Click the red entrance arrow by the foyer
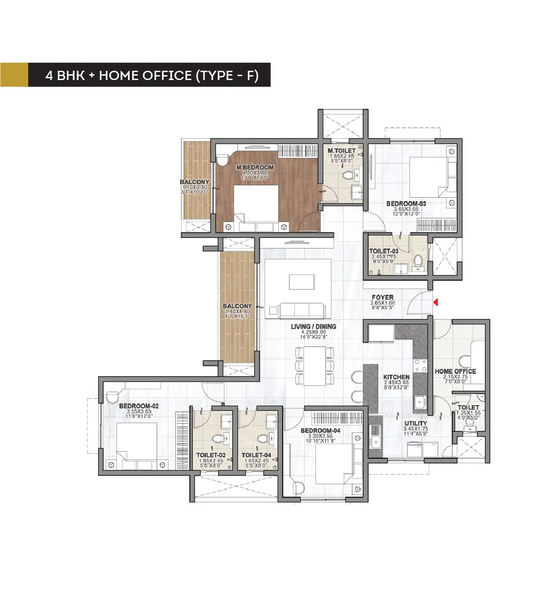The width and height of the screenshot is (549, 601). [x=435, y=302]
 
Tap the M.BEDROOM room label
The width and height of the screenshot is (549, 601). [x=255, y=168]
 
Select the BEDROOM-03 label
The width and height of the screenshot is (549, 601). [x=406, y=204]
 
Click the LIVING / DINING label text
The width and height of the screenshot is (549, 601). [x=313, y=327]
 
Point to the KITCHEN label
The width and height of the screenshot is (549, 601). [x=396, y=377]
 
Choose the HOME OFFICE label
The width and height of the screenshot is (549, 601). [x=455, y=371]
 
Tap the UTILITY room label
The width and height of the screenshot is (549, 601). [x=415, y=423]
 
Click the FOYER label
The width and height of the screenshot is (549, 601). [x=383, y=298]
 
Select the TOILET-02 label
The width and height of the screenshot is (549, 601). [x=211, y=455]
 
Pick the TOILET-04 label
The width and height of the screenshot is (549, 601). [x=256, y=455]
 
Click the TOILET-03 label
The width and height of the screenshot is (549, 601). [x=384, y=251]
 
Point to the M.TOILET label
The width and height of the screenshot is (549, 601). [x=342, y=151]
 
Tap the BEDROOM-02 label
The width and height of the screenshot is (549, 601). [x=138, y=406]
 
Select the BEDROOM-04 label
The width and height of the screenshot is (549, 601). [x=320, y=431]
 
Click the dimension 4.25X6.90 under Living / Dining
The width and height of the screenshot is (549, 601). [x=313, y=332]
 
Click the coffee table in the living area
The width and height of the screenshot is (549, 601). [x=302, y=282]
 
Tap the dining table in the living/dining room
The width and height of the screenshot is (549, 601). [x=315, y=366]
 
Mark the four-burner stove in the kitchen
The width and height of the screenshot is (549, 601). [x=420, y=365]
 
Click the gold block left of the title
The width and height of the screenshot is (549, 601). [x=14, y=75]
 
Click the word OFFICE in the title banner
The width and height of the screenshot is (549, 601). [x=167, y=76]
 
